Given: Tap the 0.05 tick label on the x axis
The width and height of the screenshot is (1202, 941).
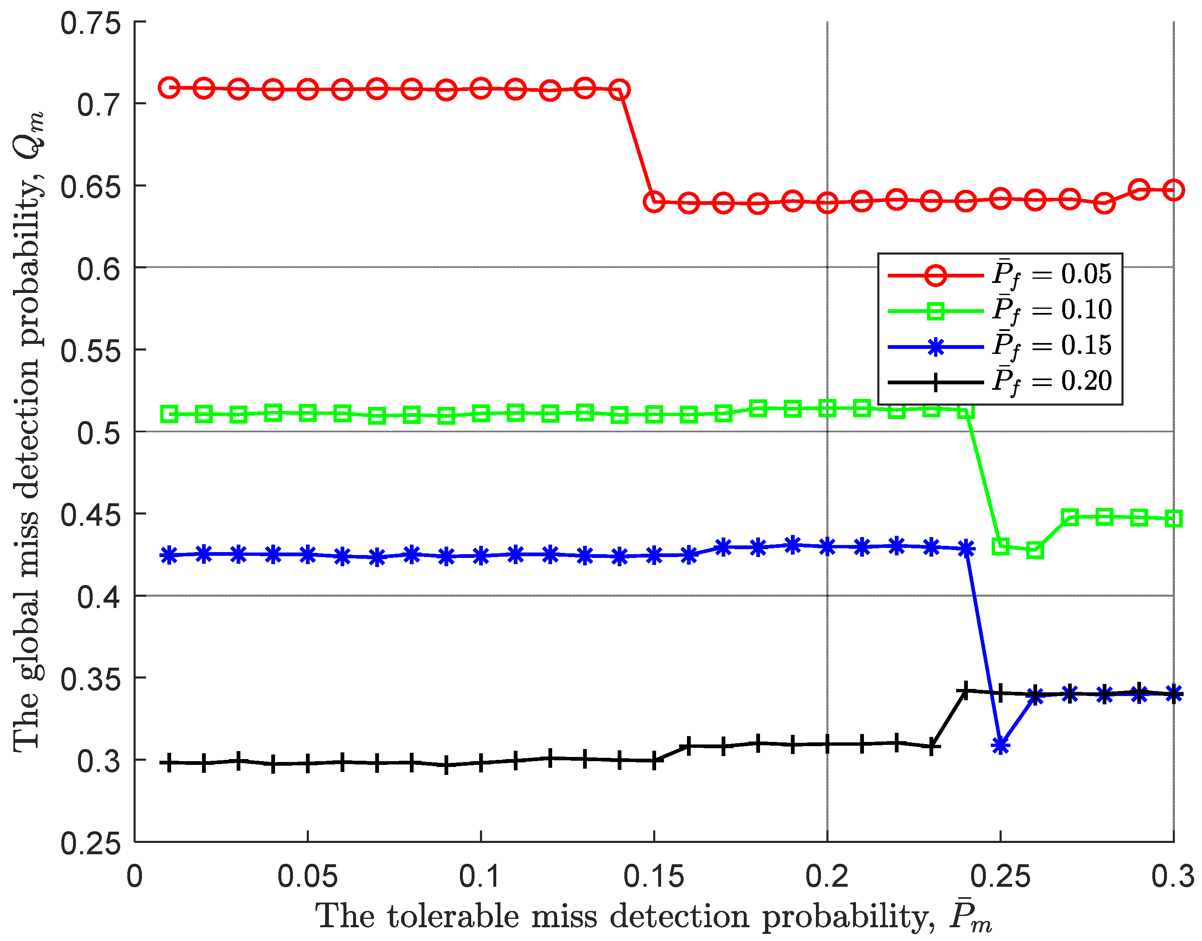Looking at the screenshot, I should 307,876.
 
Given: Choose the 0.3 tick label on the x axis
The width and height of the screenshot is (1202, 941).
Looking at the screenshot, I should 1172,876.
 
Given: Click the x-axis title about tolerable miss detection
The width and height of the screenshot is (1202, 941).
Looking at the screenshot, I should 653,917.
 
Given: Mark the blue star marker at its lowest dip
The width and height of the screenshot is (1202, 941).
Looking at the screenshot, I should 1000,747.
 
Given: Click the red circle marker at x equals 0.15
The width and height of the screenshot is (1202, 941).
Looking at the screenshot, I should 654,202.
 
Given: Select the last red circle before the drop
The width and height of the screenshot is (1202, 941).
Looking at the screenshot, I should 620,89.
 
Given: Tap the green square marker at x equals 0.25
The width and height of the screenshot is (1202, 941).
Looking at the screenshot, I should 1000,547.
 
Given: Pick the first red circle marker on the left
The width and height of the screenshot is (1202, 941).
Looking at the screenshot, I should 169,88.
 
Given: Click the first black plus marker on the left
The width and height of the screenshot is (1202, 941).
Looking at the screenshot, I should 169,763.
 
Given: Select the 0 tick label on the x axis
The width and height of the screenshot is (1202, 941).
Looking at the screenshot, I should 135,876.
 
